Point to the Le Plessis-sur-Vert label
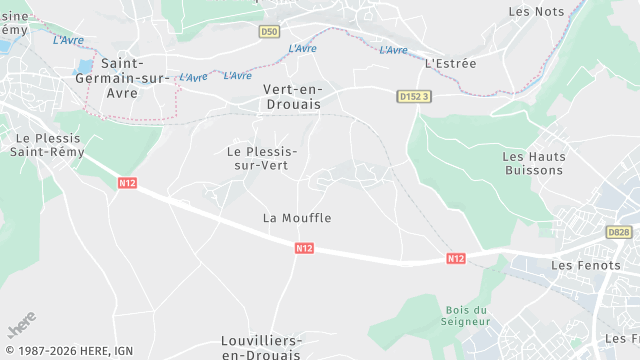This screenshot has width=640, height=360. click(x=263, y=158)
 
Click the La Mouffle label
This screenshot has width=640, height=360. click(x=297, y=217)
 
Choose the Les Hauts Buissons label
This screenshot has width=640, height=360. click(x=534, y=163)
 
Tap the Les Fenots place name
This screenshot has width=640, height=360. click(x=580, y=265)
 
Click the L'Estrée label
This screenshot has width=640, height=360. click(x=451, y=63)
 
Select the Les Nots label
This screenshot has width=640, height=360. click(x=536, y=11)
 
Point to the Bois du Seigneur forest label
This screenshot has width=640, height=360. click(x=466, y=316)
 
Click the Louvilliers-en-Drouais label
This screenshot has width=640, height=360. click(x=262, y=348)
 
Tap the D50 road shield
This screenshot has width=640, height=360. click(x=268, y=32)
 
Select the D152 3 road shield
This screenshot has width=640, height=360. click(x=413, y=96)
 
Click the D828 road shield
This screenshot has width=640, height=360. click(x=619, y=232)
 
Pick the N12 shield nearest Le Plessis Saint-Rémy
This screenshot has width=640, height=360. click(x=127, y=183)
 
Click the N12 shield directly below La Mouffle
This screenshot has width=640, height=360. click(x=305, y=246)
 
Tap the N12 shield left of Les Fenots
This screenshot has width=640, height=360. click(x=455, y=258)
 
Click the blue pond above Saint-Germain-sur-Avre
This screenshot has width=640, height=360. click(x=84, y=68)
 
